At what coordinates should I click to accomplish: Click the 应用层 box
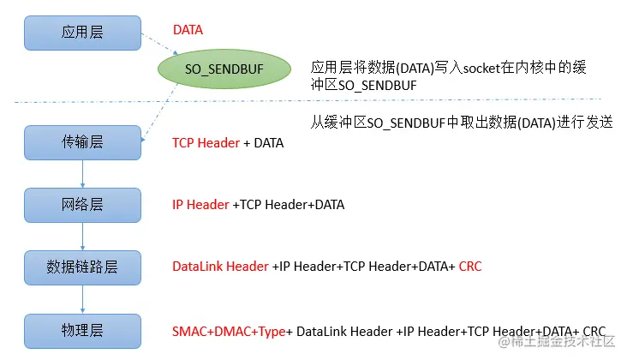pos(82,32)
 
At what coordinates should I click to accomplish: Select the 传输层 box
pos(82,141)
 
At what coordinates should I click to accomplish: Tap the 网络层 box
pos(82,204)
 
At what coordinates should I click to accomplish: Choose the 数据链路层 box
pos(82,267)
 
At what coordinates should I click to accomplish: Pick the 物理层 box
pos(82,331)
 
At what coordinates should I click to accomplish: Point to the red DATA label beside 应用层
pos(188,31)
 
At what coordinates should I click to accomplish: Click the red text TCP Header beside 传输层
pos(206,143)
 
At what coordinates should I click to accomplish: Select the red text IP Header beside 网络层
pos(200,205)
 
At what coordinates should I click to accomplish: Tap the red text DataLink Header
pos(220,267)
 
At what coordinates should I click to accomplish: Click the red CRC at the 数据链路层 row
pos(470,267)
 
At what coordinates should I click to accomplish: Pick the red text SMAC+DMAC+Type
pos(229,331)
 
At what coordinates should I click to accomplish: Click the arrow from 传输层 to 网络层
pos(82,173)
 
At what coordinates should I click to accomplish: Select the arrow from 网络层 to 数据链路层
pos(82,236)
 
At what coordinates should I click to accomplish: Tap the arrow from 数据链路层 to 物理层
pos(82,299)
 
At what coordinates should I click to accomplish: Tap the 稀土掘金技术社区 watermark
pos(561,341)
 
